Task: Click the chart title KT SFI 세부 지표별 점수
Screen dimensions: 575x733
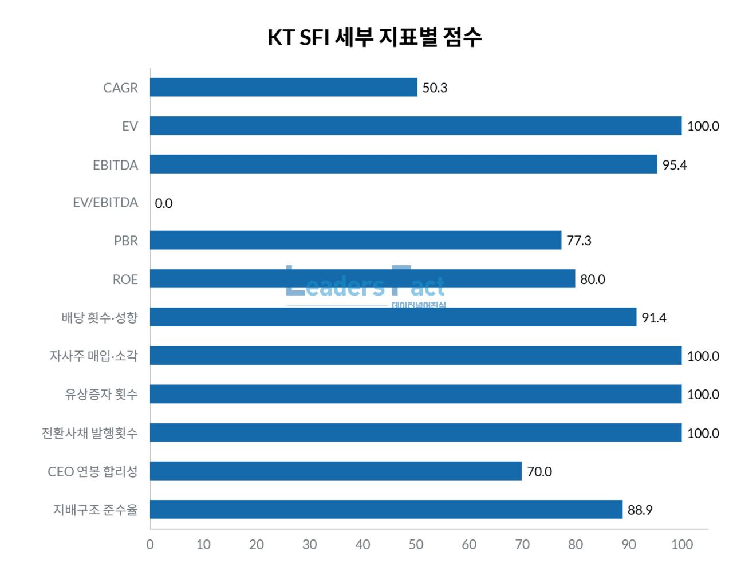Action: pyautogui.click(x=375, y=37)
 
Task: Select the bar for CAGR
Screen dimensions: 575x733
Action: pyautogui.click(x=283, y=87)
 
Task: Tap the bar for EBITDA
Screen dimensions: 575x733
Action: pyautogui.click(x=403, y=164)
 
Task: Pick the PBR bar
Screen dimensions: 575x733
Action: pyautogui.click(x=355, y=240)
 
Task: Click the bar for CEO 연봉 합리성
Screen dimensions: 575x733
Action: pyautogui.click(x=336, y=471)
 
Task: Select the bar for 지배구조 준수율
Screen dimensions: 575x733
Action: pyautogui.click(x=386, y=509)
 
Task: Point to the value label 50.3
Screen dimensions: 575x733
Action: pyautogui.click(x=435, y=88)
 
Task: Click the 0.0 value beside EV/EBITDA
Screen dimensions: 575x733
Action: pyautogui.click(x=164, y=203)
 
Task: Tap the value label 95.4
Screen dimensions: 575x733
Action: pyautogui.click(x=674, y=165)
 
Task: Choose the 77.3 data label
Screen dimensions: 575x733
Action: pyautogui.click(x=578, y=241)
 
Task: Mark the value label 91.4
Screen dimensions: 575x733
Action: pyautogui.click(x=653, y=318)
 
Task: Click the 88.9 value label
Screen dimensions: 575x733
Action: pyautogui.click(x=640, y=510)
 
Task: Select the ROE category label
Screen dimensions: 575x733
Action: pyautogui.click(x=125, y=279)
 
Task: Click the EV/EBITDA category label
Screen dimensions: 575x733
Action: pyautogui.click(x=105, y=202)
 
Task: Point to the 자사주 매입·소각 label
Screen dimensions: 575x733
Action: pyautogui.click(x=94, y=356)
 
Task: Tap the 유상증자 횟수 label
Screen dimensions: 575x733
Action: pyautogui.click(x=101, y=394)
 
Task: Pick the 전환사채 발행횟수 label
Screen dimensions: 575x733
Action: pyautogui.click(x=90, y=433)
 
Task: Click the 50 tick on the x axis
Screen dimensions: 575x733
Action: pyautogui.click(x=416, y=545)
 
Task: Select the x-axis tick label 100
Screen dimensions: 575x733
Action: pyautogui.click(x=681, y=545)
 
